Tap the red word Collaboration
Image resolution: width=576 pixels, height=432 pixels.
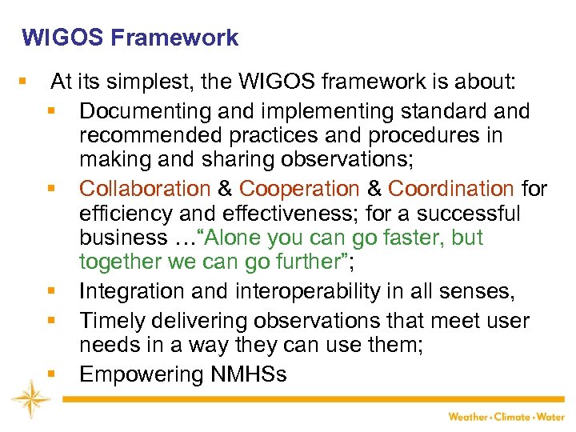click(x=145, y=189)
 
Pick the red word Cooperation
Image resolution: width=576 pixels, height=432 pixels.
click(x=300, y=189)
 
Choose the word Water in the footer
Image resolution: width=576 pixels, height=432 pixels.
click(x=552, y=416)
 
